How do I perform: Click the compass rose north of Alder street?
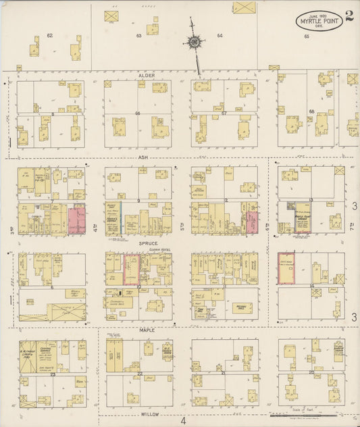point(195,43)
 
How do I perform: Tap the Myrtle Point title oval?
point(318,21)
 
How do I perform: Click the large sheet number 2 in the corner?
point(348,16)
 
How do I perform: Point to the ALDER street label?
point(147,76)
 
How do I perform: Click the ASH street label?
point(143,157)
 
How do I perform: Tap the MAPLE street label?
point(147,330)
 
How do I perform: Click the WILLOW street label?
point(150,412)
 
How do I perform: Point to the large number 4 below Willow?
point(182,421)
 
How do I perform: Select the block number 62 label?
point(49,35)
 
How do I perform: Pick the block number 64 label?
point(220,35)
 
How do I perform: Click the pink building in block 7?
point(76,220)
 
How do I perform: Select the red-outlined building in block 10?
point(131,270)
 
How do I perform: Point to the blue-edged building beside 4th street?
point(121,218)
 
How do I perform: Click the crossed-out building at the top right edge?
point(244,7)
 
